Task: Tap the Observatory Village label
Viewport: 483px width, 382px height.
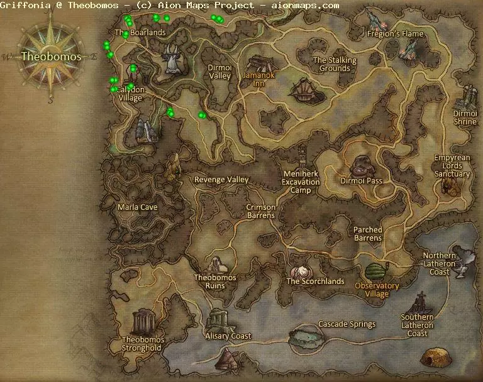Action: point(377,290)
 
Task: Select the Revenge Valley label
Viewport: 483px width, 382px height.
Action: point(221,180)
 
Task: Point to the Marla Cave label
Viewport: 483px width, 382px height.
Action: point(138,207)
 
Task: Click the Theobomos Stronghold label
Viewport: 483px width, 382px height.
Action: point(142,344)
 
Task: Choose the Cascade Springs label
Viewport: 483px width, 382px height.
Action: point(347,324)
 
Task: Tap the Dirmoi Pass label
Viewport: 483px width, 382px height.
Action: point(361,181)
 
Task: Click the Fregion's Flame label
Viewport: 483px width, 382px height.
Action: point(396,34)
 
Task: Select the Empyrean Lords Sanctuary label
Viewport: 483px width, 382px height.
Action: point(452,166)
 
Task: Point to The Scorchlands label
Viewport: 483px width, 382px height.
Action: point(315,281)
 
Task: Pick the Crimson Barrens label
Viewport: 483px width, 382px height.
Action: point(260,211)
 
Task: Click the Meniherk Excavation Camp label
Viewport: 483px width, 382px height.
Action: point(301,182)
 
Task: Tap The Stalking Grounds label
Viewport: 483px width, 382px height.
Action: point(335,65)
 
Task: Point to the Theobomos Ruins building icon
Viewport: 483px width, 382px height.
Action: point(214,265)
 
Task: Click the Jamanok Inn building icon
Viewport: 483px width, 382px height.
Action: point(259,63)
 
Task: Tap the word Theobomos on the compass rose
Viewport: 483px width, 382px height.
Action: point(51,57)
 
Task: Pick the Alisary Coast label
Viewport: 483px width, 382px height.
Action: point(228,336)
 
